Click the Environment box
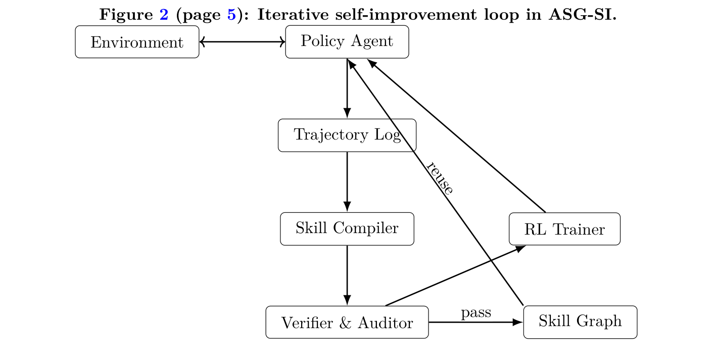click(137, 42)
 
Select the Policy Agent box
click(347, 41)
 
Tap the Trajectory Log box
click(347, 135)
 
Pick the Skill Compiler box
click(347, 229)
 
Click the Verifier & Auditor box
click(347, 322)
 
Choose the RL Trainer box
click(564, 229)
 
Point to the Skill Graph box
click(580, 322)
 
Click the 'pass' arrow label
click(476, 312)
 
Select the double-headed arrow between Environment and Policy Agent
click(242, 42)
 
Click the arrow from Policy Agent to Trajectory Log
click(347, 88)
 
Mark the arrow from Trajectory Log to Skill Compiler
click(347, 182)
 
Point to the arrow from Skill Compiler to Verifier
click(347, 275)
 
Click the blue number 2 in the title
click(164, 15)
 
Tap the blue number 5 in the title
click(231, 15)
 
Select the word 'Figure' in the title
click(126, 15)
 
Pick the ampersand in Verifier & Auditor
click(346, 323)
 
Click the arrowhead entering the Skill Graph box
click(518, 322)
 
